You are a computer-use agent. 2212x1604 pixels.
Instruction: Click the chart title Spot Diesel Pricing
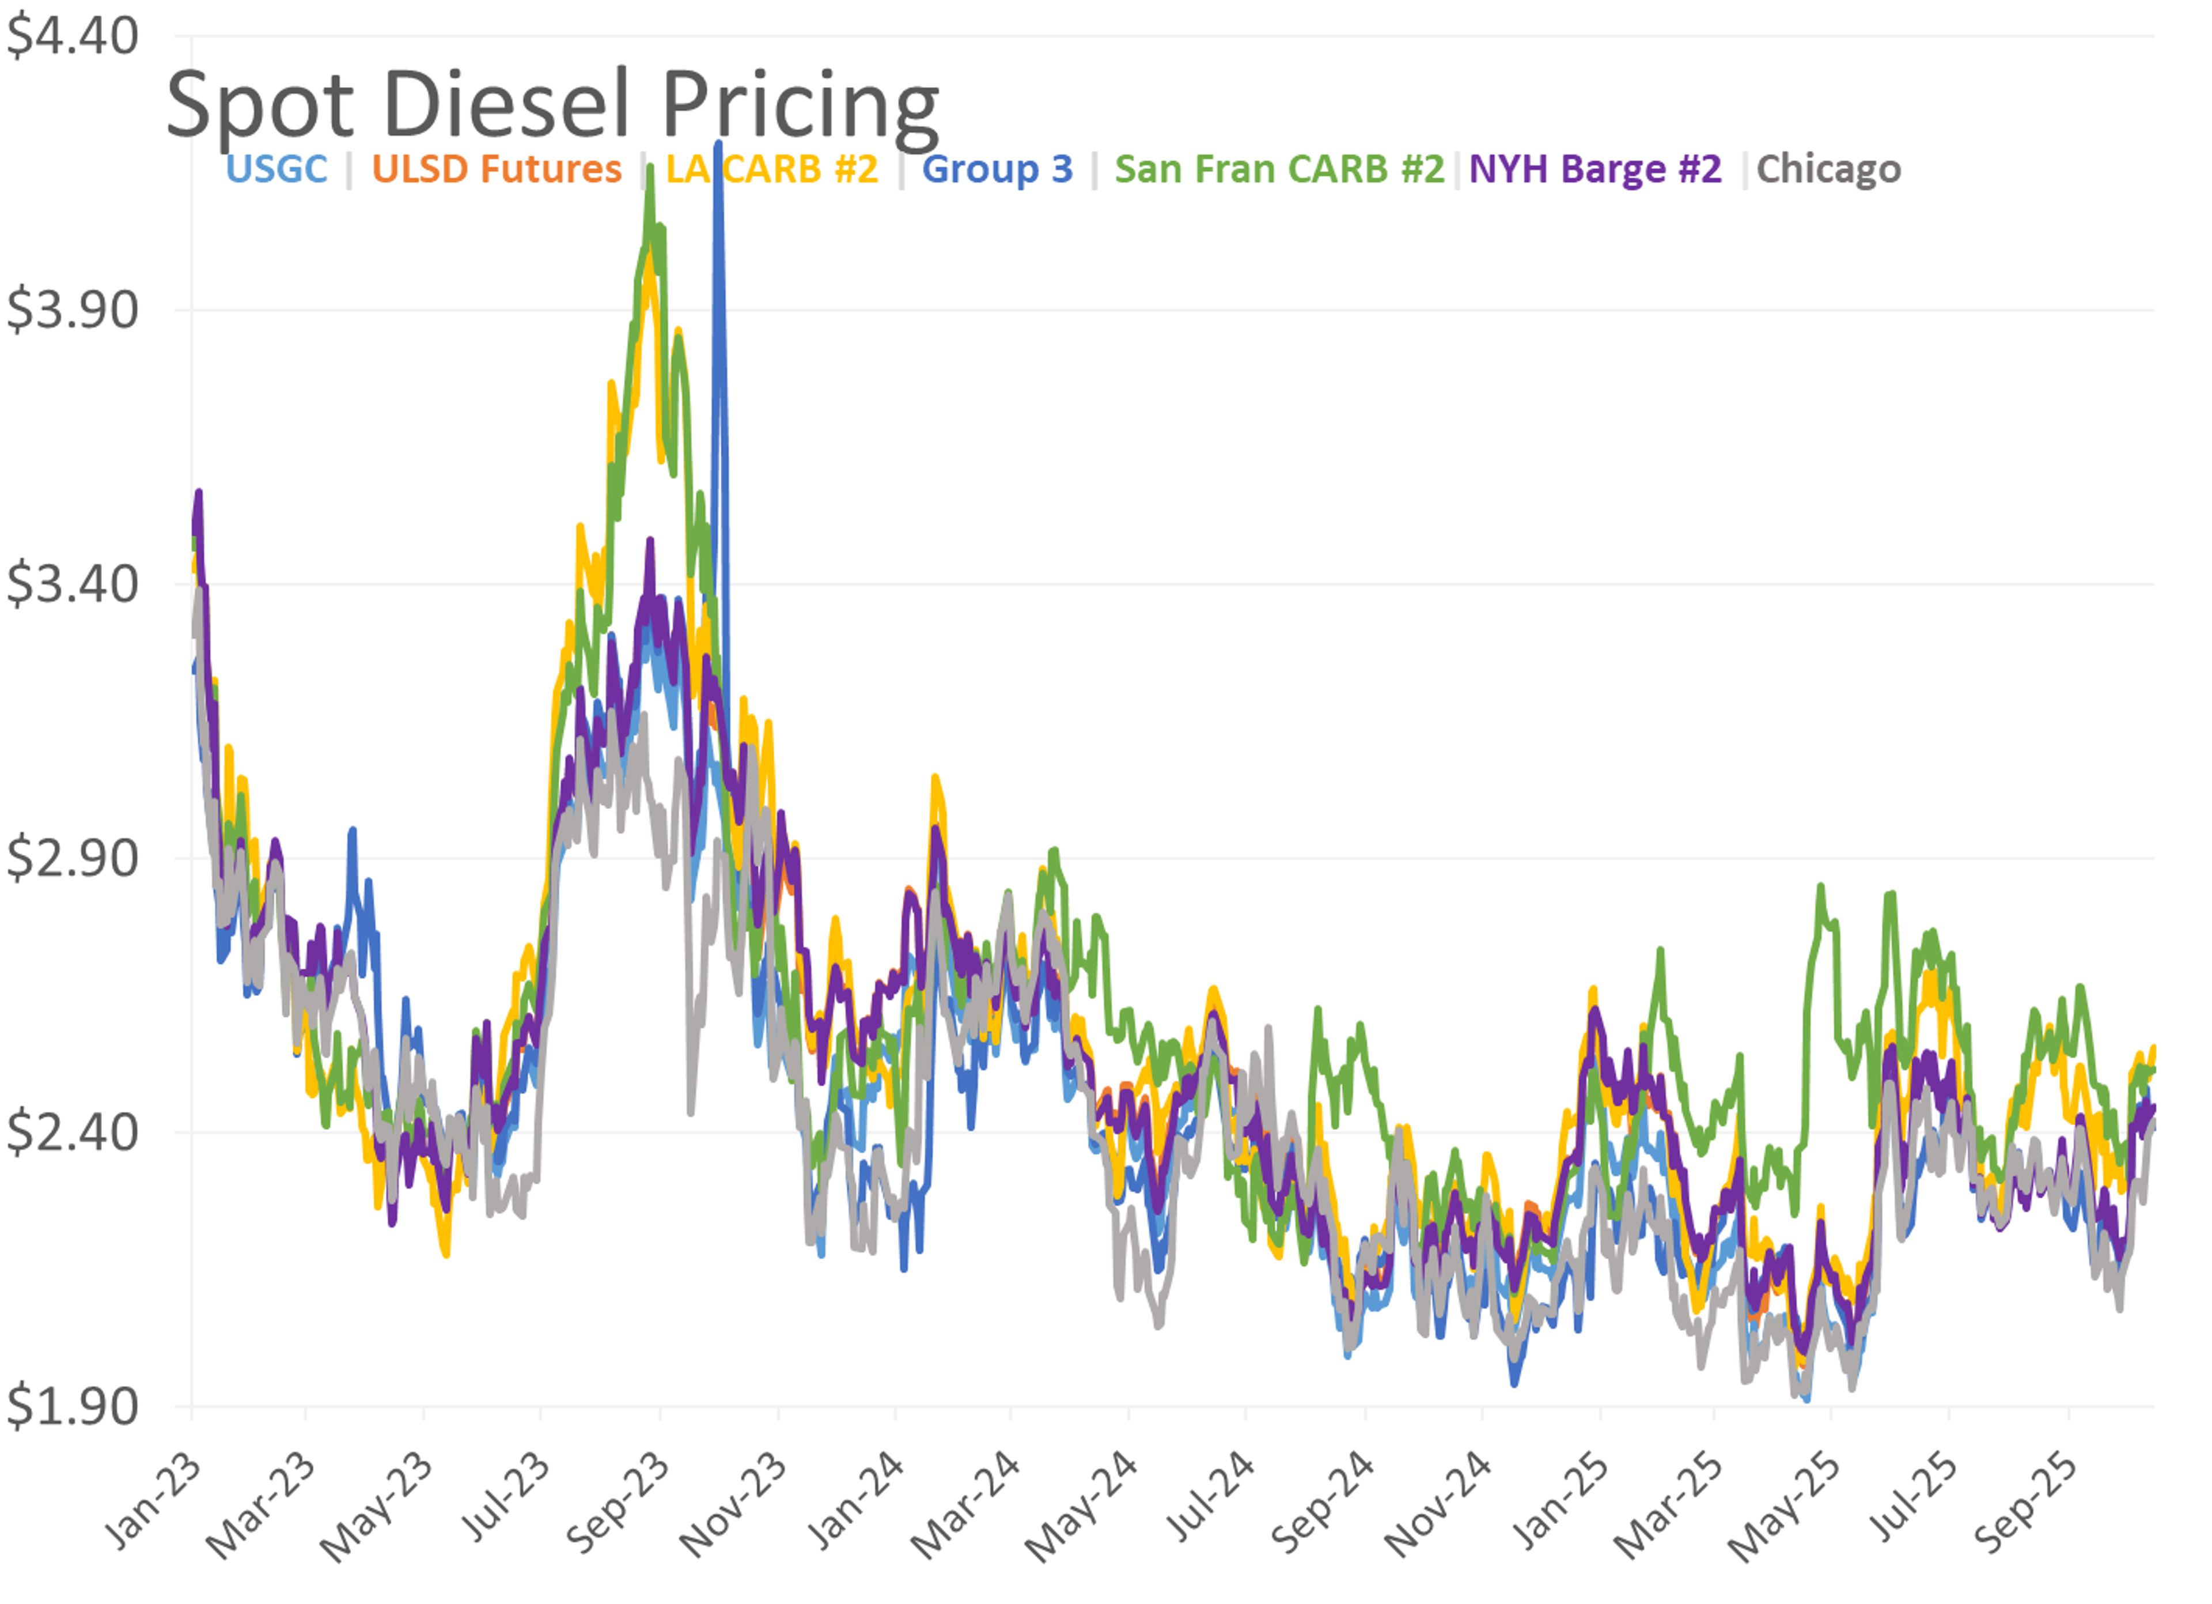552,105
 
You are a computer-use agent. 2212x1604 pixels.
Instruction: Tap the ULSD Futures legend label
497,169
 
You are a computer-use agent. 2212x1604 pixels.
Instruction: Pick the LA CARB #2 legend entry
771,169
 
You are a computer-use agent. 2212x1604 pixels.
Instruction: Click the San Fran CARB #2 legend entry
1279,169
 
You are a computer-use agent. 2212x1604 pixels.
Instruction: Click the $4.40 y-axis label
72,37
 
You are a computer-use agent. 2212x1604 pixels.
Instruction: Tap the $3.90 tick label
72,310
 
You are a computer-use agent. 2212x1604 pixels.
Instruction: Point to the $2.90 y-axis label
72,859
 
